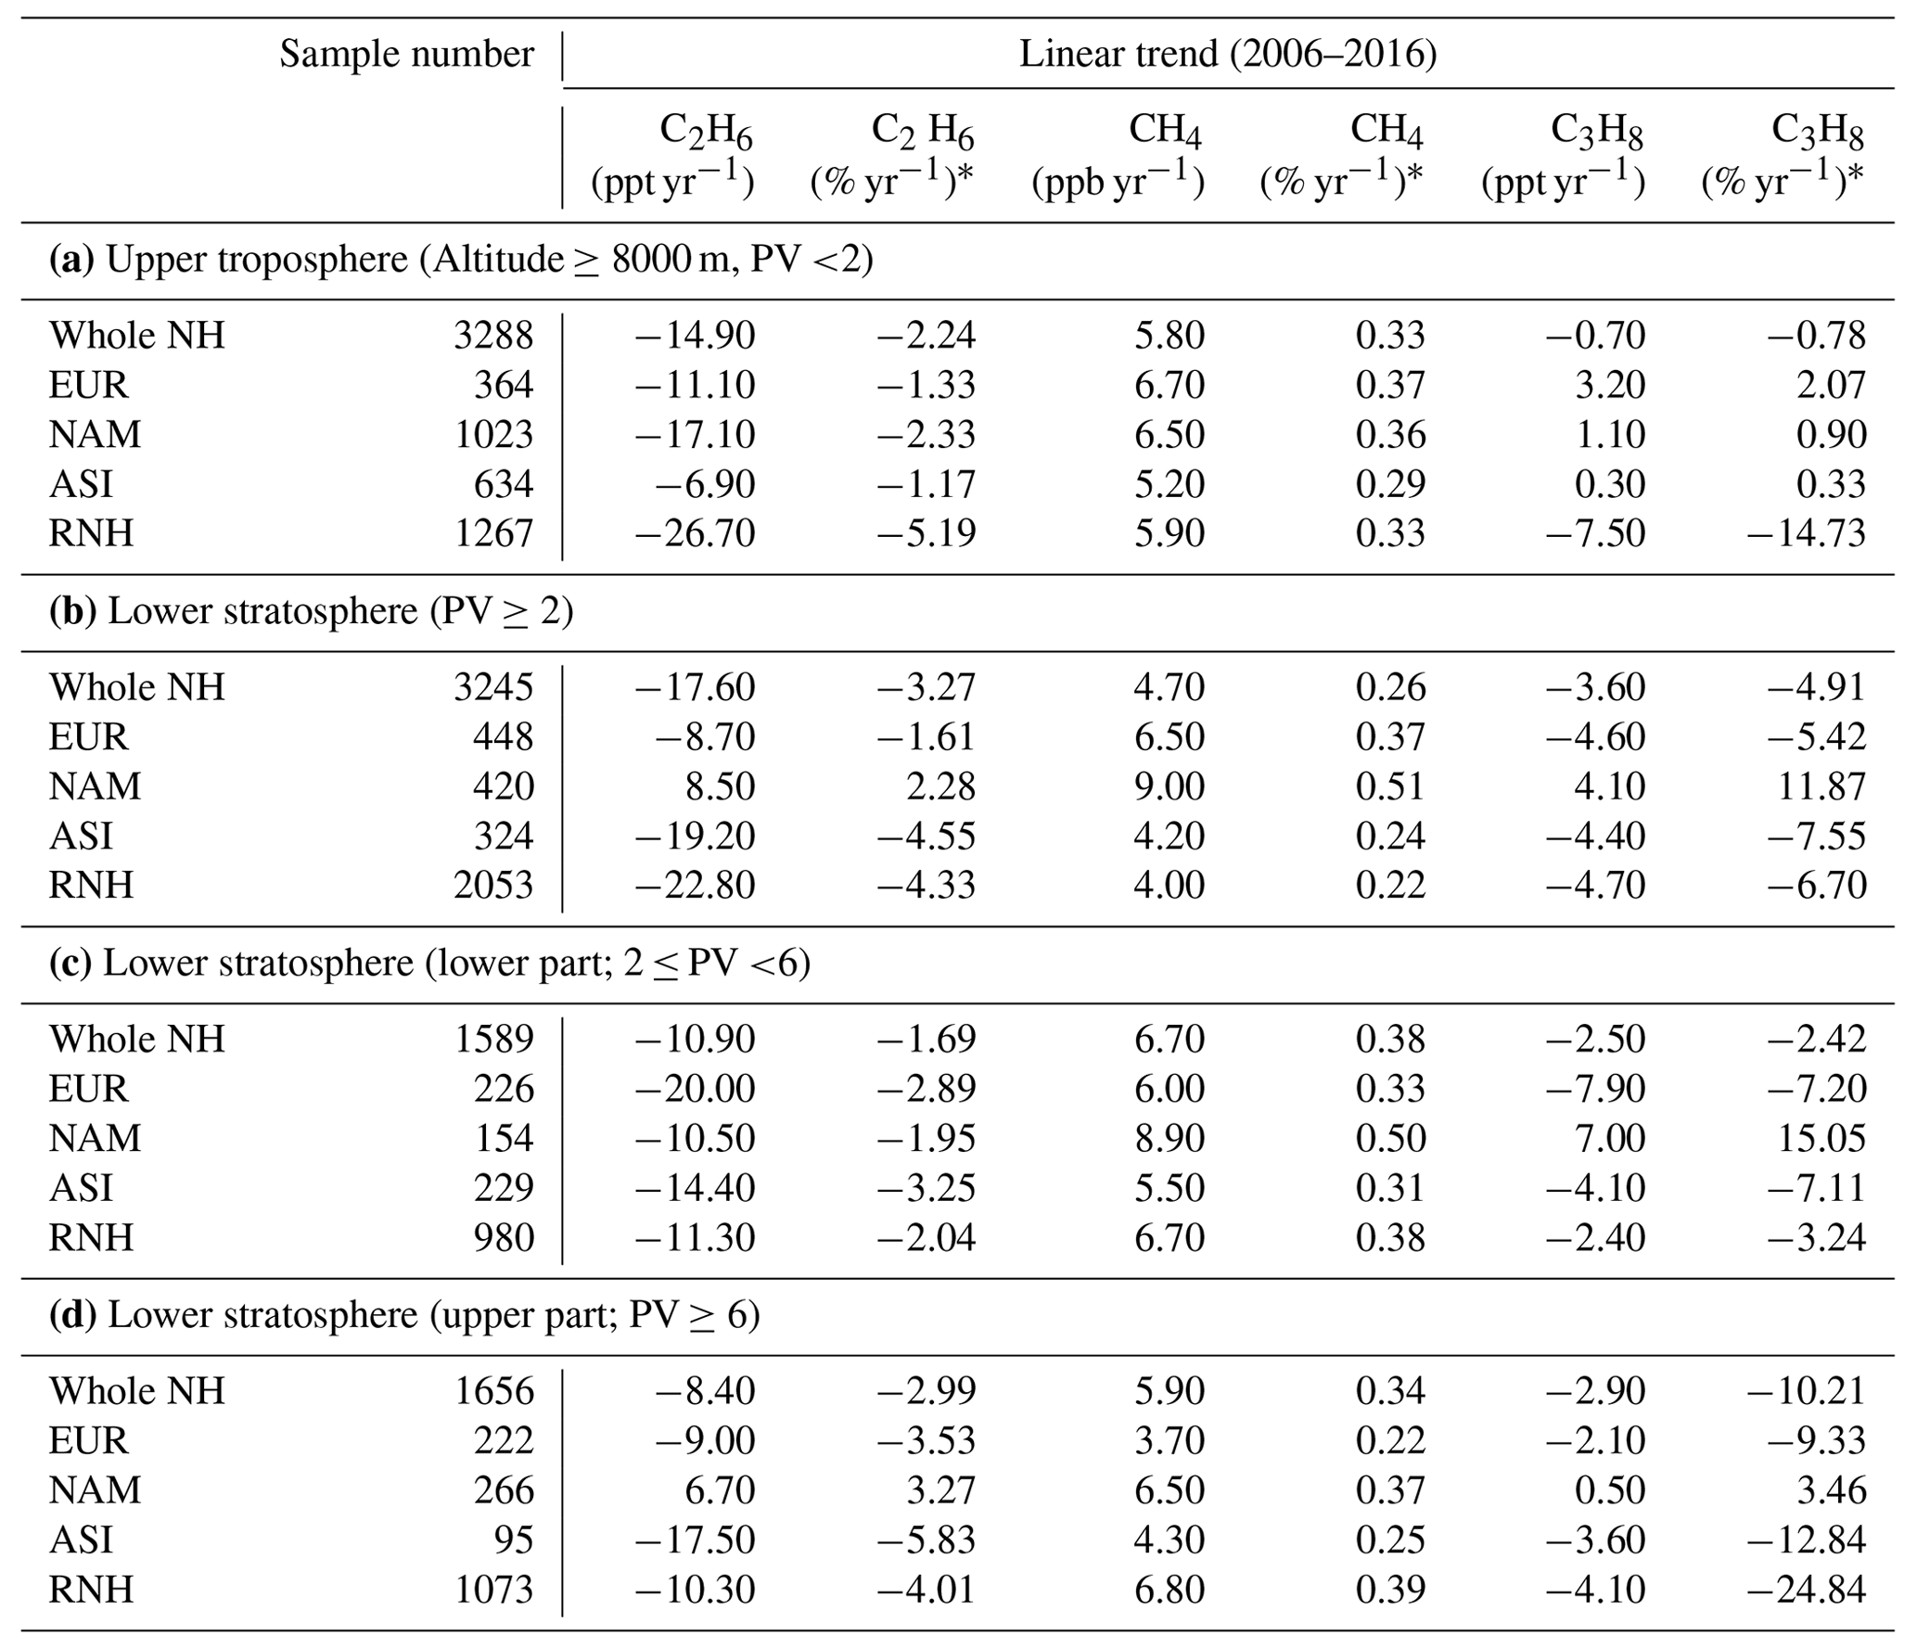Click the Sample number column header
coord(406,54)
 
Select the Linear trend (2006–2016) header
coord(1227,54)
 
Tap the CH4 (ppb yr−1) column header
coord(1118,155)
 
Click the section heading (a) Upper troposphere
coord(461,260)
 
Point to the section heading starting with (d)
coord(404,1315)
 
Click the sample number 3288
coord(493,335)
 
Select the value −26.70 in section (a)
coord(695,533)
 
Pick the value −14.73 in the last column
coord(1806,533)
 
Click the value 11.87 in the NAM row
coord(1821,786)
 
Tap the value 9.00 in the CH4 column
coord(1169,786)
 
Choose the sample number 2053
coord(493,885)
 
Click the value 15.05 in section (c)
coord(1821,1138)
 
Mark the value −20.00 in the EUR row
coord(695,1089)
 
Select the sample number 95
coord(514,1539)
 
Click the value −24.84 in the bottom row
coord(1806,1590)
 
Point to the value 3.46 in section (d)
coord(1831,1490)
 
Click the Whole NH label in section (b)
coord(137,687)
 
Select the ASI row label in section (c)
coord(82,1188)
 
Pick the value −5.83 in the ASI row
coord(927,1539)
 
